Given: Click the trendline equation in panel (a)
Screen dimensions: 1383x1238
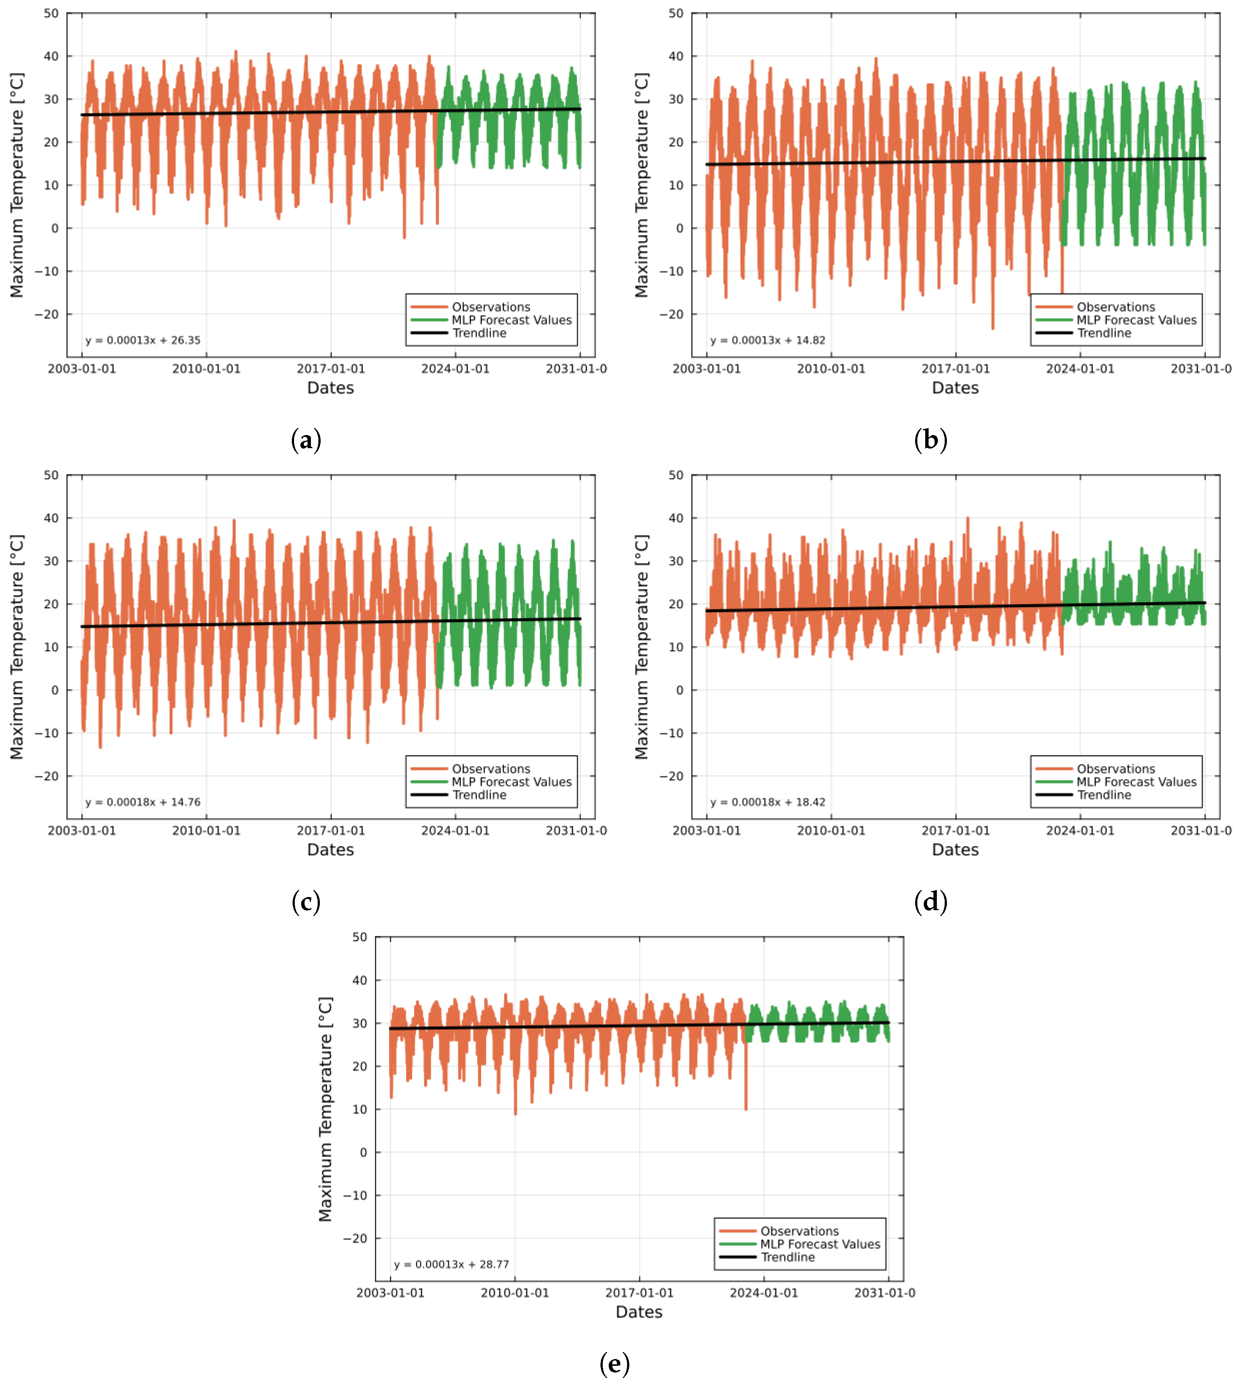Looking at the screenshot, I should coord(143,340).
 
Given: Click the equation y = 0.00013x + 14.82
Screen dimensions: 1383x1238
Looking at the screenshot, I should coord(767,340).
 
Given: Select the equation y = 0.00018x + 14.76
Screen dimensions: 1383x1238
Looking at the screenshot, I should coord(143,802).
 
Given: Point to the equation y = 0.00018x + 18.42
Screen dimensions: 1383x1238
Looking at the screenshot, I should coord(767,802).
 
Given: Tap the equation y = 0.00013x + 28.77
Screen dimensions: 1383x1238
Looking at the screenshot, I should coord(451,1264).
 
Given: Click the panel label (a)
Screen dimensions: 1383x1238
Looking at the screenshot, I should coord(305,440).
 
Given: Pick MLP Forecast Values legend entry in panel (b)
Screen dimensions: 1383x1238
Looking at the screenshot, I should coord(1136,320).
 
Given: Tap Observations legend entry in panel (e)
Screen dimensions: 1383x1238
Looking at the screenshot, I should coord(799,1231).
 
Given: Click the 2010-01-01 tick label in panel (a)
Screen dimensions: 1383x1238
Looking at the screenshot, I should coord(206,369).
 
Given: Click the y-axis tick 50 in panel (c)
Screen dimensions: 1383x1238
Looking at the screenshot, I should coord(51,475).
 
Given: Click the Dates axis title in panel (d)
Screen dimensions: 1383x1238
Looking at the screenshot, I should coord(955,850).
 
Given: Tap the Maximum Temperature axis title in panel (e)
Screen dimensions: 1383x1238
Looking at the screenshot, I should coord(325,1109).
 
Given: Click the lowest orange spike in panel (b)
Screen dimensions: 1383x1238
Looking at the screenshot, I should coord(993,328).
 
